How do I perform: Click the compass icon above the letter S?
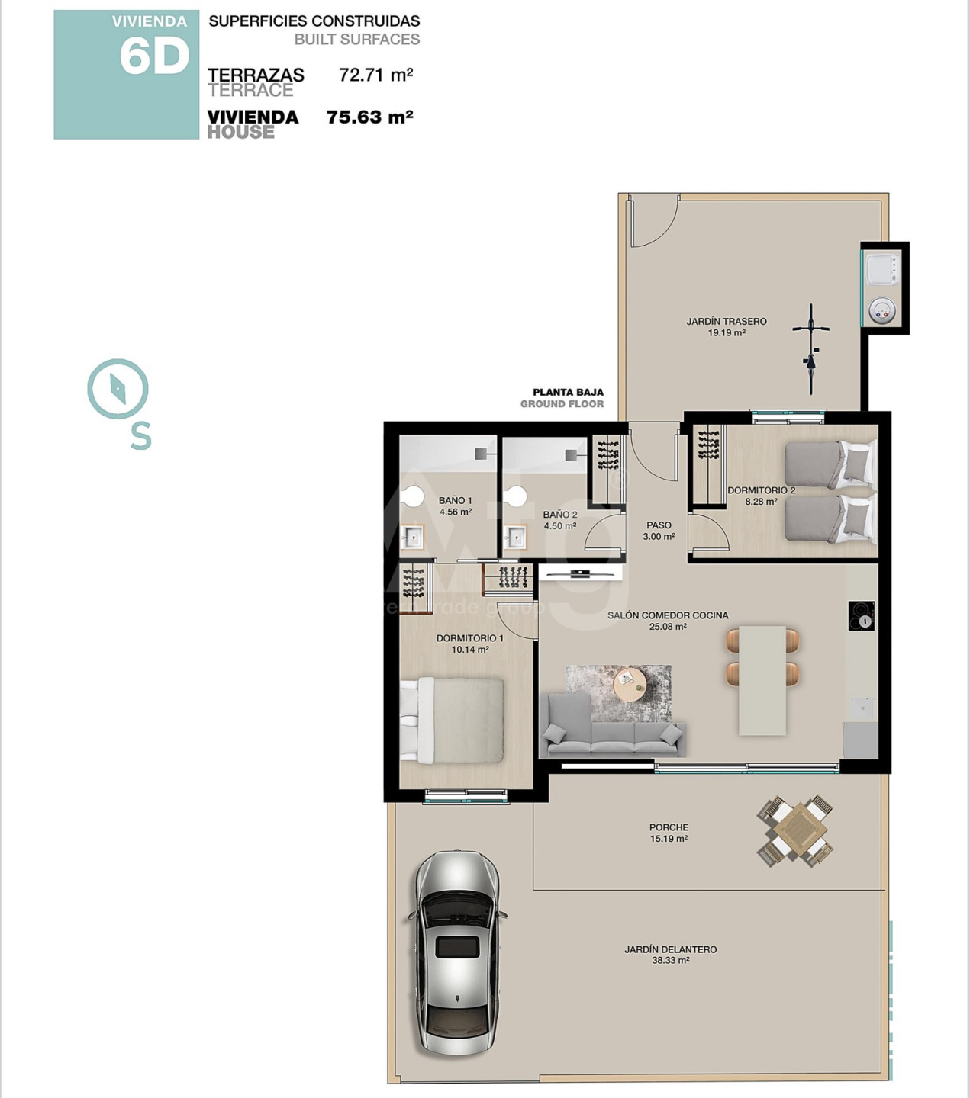118,389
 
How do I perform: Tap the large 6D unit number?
155,57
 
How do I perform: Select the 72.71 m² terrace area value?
376,75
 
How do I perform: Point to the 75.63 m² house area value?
370,117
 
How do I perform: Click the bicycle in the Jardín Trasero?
811,348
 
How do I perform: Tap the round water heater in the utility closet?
881,310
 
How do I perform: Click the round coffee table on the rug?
630,683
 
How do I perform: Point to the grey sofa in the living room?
613,724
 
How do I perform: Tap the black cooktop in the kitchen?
862,615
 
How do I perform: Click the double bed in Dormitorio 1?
452,721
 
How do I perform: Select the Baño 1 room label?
455,506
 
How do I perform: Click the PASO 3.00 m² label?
659,531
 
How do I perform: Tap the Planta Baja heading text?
568,393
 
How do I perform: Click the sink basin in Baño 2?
515,538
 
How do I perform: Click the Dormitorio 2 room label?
761,496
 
